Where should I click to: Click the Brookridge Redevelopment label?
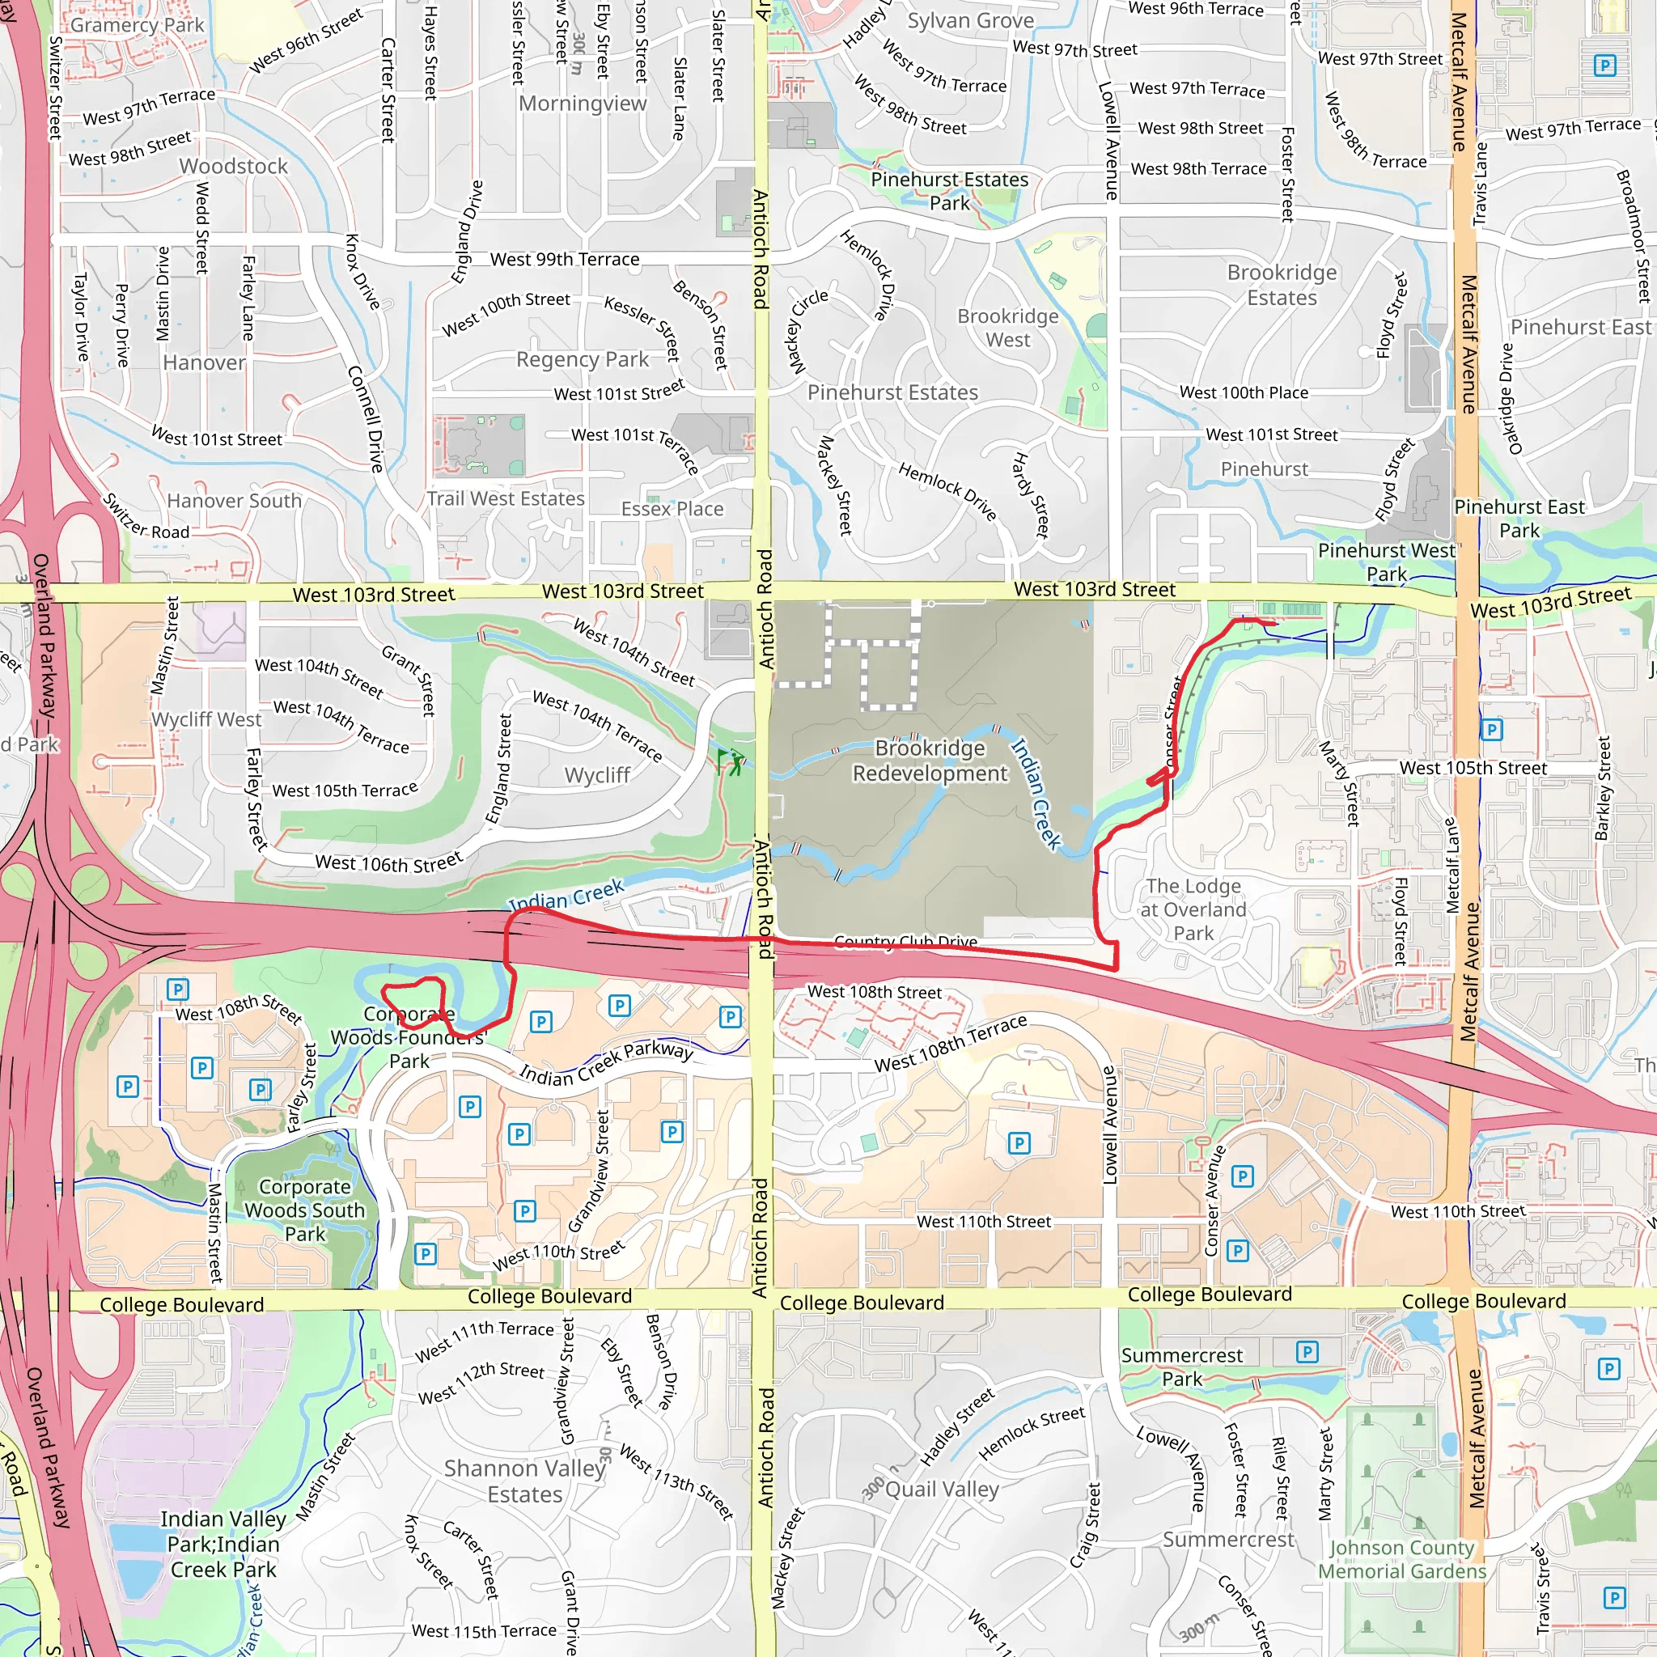coord(930,761)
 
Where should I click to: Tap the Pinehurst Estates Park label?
coord(949,191)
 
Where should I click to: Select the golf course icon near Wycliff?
coord(730,761)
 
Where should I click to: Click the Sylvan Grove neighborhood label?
coord(970,20)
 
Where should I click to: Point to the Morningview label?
coord(583,104)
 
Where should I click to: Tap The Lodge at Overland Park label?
coord(1193,909)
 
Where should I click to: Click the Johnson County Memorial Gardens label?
coord(1401,1559)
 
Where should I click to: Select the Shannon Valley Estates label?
coord(525,1481)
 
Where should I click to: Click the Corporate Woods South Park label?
coord(304,1210)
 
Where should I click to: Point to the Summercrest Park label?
coord(1182,1367)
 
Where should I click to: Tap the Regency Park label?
coord(583,359)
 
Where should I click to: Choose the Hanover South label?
coord(234,500)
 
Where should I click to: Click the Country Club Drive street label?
coord(905,942)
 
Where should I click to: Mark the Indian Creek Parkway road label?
coord(605,1063)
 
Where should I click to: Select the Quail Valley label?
coord(942,1489)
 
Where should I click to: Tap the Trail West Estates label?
coord(506,498)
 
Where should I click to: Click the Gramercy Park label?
coord(138,25)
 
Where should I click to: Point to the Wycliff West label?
coord(206,719)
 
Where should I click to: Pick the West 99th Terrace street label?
coord(565,259)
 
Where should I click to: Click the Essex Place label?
coord(672,509)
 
